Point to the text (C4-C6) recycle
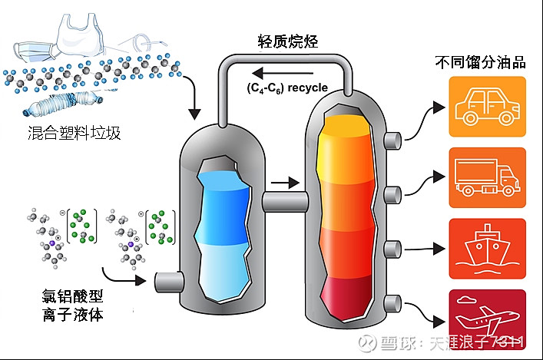[287, 88]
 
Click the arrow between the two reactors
[283, 183]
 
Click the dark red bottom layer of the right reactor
[345, 295]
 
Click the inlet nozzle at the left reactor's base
[167, 282]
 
